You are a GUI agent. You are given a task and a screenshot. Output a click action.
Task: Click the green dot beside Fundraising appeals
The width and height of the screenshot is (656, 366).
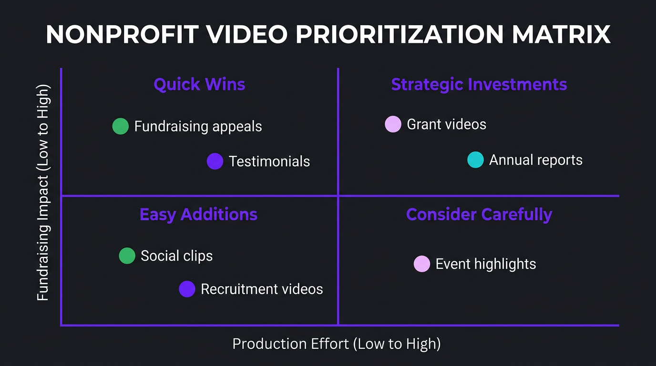pos(121,126)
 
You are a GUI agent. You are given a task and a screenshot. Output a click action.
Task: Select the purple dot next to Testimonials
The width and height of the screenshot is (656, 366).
pos(215,161)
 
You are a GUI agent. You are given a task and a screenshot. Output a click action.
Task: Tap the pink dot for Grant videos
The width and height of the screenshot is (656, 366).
pos(393,124)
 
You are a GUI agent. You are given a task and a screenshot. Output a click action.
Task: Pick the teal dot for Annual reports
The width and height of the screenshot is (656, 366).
pos(475,160)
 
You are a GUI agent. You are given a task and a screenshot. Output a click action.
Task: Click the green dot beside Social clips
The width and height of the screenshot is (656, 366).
pos(127,256)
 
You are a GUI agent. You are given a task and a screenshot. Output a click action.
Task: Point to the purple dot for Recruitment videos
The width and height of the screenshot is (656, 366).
pos(187,289)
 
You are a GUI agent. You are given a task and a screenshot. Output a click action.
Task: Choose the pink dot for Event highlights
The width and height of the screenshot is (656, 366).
pos(422,264)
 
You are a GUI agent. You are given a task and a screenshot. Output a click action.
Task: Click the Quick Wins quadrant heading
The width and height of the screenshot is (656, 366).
pos(199,85)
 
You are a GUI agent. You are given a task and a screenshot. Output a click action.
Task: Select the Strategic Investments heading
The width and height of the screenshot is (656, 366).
pos(479,85)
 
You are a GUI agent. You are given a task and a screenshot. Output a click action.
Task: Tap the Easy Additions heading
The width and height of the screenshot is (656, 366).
pos(198,214)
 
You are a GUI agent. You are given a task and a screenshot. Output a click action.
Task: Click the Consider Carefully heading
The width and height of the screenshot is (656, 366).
pos(479,214)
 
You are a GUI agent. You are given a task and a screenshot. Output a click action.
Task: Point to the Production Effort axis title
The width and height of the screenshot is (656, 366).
pos(336,344)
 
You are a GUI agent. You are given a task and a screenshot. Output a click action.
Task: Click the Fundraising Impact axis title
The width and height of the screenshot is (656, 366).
pos(43,193)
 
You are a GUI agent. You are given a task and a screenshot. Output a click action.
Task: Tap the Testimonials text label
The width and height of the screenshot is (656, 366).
pos(269,162)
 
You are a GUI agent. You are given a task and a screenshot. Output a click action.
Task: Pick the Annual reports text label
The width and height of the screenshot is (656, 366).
pos(536,160)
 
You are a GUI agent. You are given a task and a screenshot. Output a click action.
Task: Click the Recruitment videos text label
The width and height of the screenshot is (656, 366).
pos(262,289)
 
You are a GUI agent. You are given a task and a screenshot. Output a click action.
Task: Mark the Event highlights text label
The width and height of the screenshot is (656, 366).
pos(486,264)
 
